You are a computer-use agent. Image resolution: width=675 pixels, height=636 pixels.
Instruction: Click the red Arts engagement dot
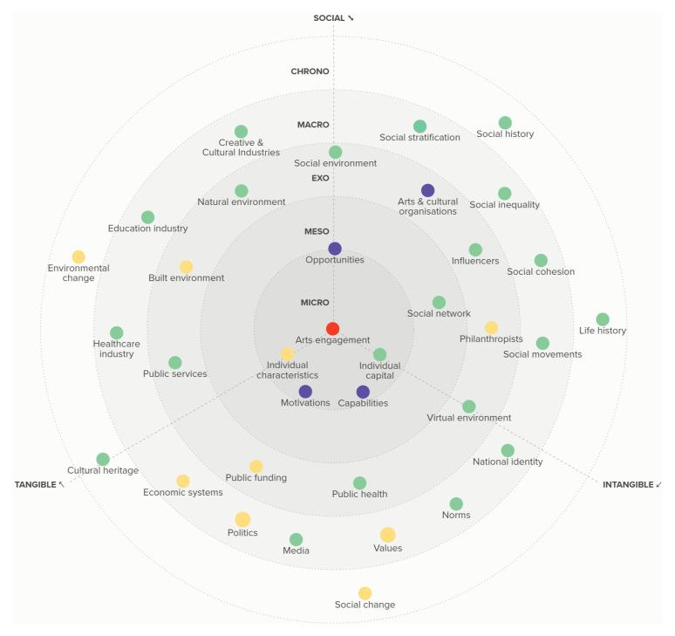332,329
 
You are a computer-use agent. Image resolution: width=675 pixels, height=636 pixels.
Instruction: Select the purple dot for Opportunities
335,249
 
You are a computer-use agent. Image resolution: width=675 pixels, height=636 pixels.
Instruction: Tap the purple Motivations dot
305,392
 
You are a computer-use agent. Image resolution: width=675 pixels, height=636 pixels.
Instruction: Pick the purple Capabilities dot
363,392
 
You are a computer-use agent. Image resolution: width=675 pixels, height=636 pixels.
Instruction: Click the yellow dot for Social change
365,593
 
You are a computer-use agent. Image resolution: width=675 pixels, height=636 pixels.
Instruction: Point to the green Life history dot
603,319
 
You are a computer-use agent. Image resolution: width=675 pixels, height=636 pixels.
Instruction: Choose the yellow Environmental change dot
78,256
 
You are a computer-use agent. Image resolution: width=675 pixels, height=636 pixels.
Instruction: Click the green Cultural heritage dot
103,459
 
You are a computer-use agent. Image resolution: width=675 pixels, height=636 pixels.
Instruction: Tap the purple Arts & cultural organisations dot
427,190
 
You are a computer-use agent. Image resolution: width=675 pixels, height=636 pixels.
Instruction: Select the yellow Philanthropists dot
491,327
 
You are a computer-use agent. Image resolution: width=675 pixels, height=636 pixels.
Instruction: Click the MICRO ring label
315,303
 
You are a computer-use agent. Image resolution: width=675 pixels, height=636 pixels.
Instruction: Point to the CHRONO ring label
310,72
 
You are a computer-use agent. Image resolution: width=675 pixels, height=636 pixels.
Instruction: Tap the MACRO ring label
313,125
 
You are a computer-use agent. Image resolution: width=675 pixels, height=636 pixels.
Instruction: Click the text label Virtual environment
468,418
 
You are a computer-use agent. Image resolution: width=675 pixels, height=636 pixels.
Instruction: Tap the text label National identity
508,462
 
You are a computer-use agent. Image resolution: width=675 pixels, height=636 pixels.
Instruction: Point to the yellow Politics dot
242,519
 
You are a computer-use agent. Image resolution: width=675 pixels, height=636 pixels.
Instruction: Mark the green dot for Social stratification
419,127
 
